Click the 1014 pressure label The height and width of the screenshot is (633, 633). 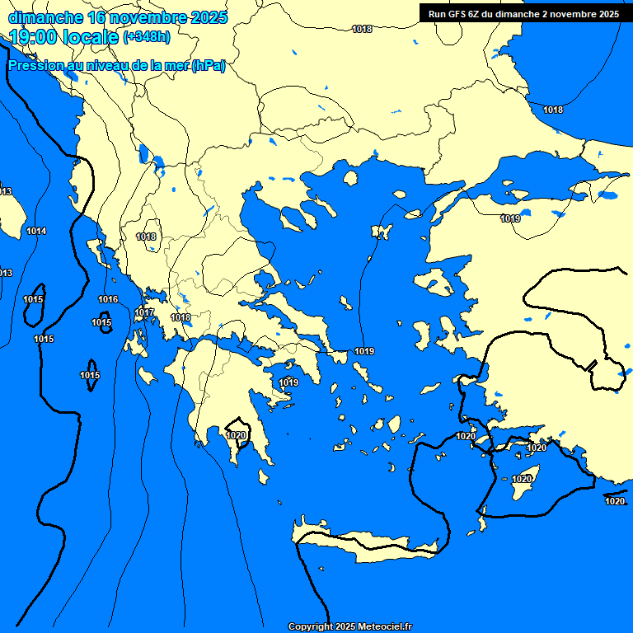(36, 231)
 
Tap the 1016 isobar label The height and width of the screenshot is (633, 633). (108, 299)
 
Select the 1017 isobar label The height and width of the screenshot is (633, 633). (144, 312)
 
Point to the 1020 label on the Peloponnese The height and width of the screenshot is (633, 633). (237, 435)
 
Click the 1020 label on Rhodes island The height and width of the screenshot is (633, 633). (522, 479)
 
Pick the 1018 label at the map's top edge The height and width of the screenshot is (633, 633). (362, 29)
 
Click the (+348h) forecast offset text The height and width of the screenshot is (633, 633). (147, 36)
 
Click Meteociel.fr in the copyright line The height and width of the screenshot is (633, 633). (384, 626)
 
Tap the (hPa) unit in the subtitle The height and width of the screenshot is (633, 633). (209, 66)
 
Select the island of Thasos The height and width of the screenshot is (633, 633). (350, 178)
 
